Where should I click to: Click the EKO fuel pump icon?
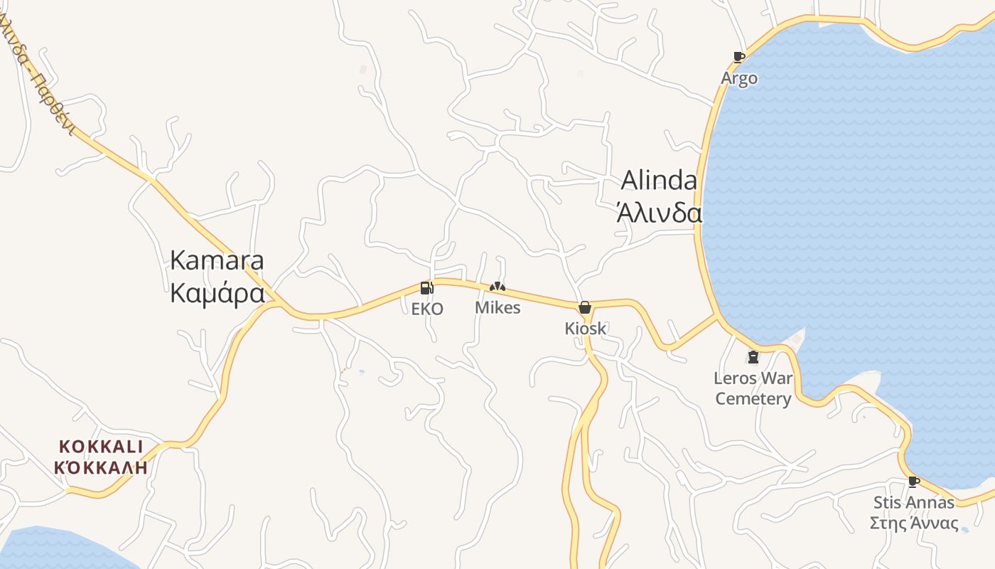point(426,288)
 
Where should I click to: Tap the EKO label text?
point(427,309)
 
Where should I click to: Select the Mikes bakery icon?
point(497,287)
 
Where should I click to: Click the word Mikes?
point(497,308)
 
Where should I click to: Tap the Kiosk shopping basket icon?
point(584,307)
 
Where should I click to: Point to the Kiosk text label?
point(586,329)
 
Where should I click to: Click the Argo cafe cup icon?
point(739,57)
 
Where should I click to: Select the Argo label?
point(739,78)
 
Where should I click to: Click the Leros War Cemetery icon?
point(753,357)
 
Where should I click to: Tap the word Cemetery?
point(753,399)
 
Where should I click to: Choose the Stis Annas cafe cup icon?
point(914,482)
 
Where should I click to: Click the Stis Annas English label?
point(914,503)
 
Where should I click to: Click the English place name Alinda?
point(659,181)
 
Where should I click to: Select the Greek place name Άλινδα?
point(659,213)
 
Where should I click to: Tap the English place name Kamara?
point(217,260)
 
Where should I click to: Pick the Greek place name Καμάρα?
point(217,293)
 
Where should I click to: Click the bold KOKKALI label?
point(101,447)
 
